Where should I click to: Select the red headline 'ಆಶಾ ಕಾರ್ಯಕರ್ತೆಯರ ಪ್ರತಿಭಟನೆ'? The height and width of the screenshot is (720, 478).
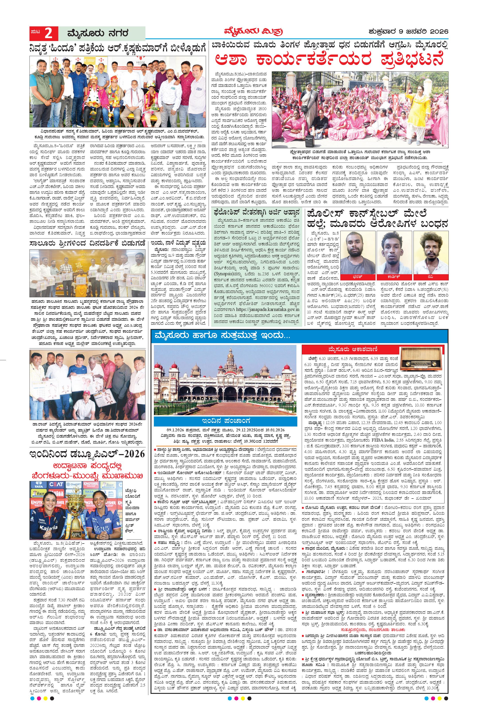click(329, 59)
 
